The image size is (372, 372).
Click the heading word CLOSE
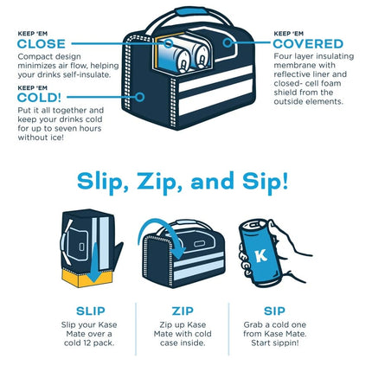click(x=42, y=44)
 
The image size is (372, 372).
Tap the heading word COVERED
click(x=308, y=44)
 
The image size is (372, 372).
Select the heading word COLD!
click(x=39, y=98)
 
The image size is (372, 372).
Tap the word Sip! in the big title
click(x=265, y=182)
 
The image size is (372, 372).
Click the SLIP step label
click(x=91, y=311)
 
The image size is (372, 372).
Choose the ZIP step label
click(x=183, y=311)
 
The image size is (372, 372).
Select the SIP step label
click(x=274, y=311)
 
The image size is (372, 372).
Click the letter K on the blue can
click(x=260, y=255)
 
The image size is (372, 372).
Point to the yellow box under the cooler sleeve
click(x=87, y=279)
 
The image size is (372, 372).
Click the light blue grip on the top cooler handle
click(x=190, y=11)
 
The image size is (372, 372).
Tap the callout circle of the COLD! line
click(x=140, y=97)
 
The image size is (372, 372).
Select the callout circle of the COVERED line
click(x=228, y=43)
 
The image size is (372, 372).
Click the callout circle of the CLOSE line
click(x=169, y=43)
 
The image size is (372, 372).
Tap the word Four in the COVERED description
click(x=282, y=56)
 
